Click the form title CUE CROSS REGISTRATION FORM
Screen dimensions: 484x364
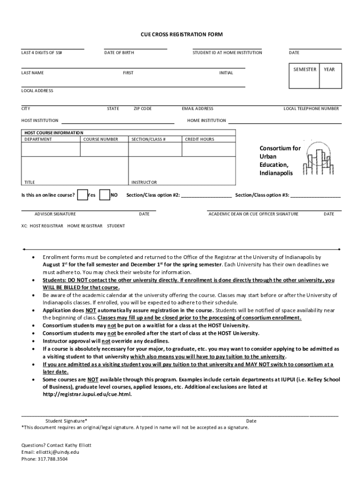[182, 35]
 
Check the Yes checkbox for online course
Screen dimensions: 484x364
[82, 195]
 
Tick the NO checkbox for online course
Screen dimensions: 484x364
[104, 195]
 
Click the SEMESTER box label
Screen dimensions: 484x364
[304, 69]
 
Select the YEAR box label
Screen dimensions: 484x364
[329, 69]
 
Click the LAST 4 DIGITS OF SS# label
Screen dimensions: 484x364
[42, 53]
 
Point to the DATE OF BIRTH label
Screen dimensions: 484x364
[119, 53]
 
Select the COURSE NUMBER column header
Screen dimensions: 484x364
[101, 139]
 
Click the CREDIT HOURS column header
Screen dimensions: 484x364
[199, 139]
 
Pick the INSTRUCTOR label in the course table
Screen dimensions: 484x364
[144, 182]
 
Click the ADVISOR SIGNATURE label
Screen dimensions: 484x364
[55, 214]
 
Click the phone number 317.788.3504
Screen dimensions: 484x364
[52, 458]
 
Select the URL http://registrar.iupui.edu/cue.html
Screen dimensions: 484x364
[87, 394]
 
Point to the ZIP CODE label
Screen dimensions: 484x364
[142, 109]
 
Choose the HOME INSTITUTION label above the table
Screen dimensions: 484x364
[207, 121]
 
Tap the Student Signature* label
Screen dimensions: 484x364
[66, 421]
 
